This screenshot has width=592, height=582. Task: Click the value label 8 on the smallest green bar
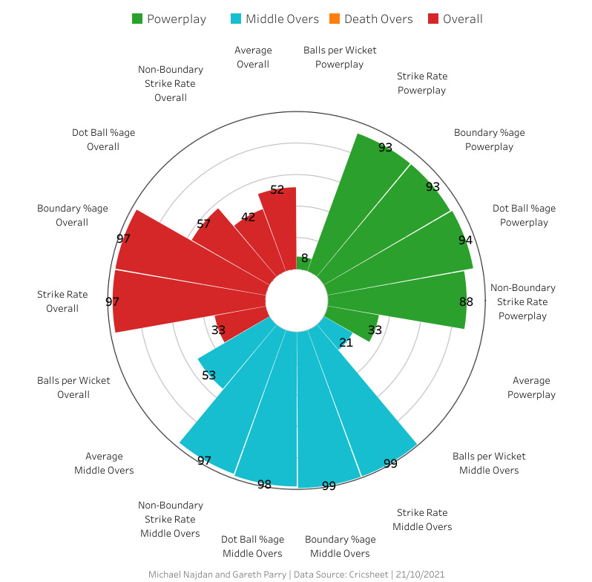(304, 258)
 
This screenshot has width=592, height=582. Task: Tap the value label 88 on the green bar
(466, 301)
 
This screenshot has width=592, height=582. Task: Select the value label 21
(346, 342)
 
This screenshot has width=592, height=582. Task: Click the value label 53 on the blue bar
(208, 375)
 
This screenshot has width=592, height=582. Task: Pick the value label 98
(264, 484)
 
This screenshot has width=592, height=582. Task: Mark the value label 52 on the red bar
(277, 190)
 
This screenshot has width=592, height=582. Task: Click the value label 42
(249, 218)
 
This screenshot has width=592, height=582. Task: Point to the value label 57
(204, 223)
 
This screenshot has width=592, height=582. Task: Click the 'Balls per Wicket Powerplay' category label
(340, 57)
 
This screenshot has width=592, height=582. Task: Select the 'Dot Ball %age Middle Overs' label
(252, 546)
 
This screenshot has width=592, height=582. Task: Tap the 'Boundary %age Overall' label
(62, 215)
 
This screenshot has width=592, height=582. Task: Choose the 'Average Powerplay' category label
(531, 388)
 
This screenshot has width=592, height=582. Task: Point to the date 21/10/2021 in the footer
(419, 575)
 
